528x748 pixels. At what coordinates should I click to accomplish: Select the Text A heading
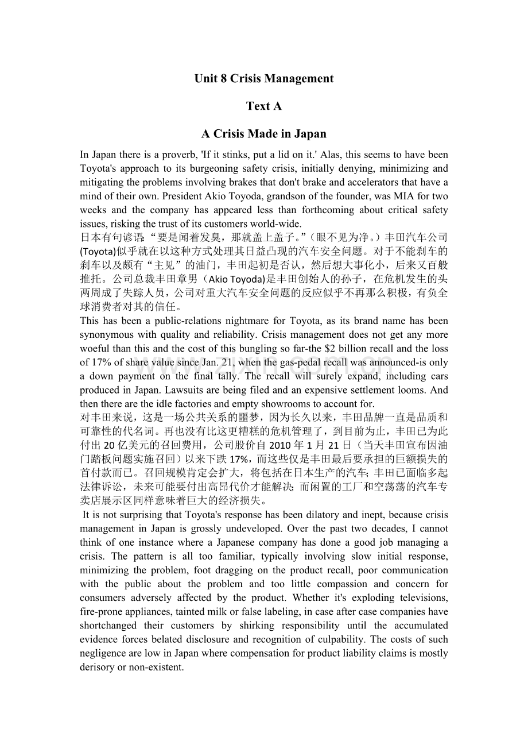coord(264,106)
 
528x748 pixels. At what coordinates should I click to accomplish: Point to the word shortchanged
coord(108,625)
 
